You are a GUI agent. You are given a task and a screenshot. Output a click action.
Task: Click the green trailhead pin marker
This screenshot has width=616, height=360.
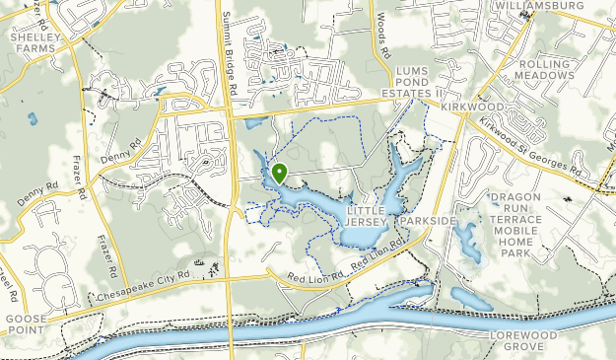tap(279, 174)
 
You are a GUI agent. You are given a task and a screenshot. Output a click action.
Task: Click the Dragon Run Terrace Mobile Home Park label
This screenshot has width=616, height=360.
tap(530, 225)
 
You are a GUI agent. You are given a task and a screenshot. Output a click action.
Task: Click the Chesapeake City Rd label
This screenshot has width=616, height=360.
tap(142, 285)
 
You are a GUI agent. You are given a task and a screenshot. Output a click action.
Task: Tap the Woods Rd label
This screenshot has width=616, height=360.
tap(382, 35)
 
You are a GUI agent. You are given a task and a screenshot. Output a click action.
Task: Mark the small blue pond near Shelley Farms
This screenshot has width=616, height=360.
tap(33, 118)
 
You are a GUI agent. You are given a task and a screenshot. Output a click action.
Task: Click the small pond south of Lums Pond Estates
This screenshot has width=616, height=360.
tap(255, 124)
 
